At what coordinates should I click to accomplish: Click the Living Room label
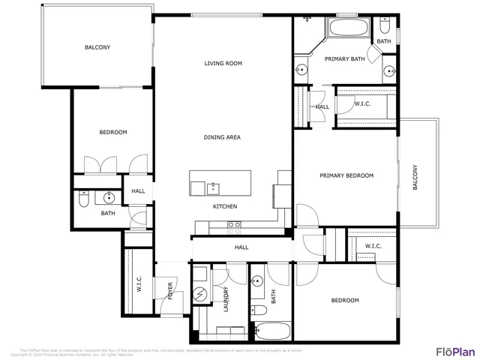click(223, 64)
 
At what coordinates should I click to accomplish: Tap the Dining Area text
click(222, 137)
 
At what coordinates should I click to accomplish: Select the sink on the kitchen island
click(213, 187)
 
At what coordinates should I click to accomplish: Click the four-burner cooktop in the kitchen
click(234, 224)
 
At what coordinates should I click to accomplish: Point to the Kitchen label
click(225, 206)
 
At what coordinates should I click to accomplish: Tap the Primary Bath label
click(343, 58)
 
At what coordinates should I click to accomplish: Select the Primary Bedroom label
click(346, 175)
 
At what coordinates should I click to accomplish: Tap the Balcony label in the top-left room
click(97, 47)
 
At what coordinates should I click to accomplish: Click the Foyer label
click(169, 291)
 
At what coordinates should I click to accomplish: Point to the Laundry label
click(225, 298)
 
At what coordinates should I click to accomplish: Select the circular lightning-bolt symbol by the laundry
click(199, 295)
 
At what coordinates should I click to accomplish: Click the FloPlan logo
click(455, 350)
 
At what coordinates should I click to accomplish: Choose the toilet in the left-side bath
click(83, 199)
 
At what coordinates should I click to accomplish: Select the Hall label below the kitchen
click(241, 247)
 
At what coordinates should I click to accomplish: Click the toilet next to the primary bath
click(384, 23)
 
